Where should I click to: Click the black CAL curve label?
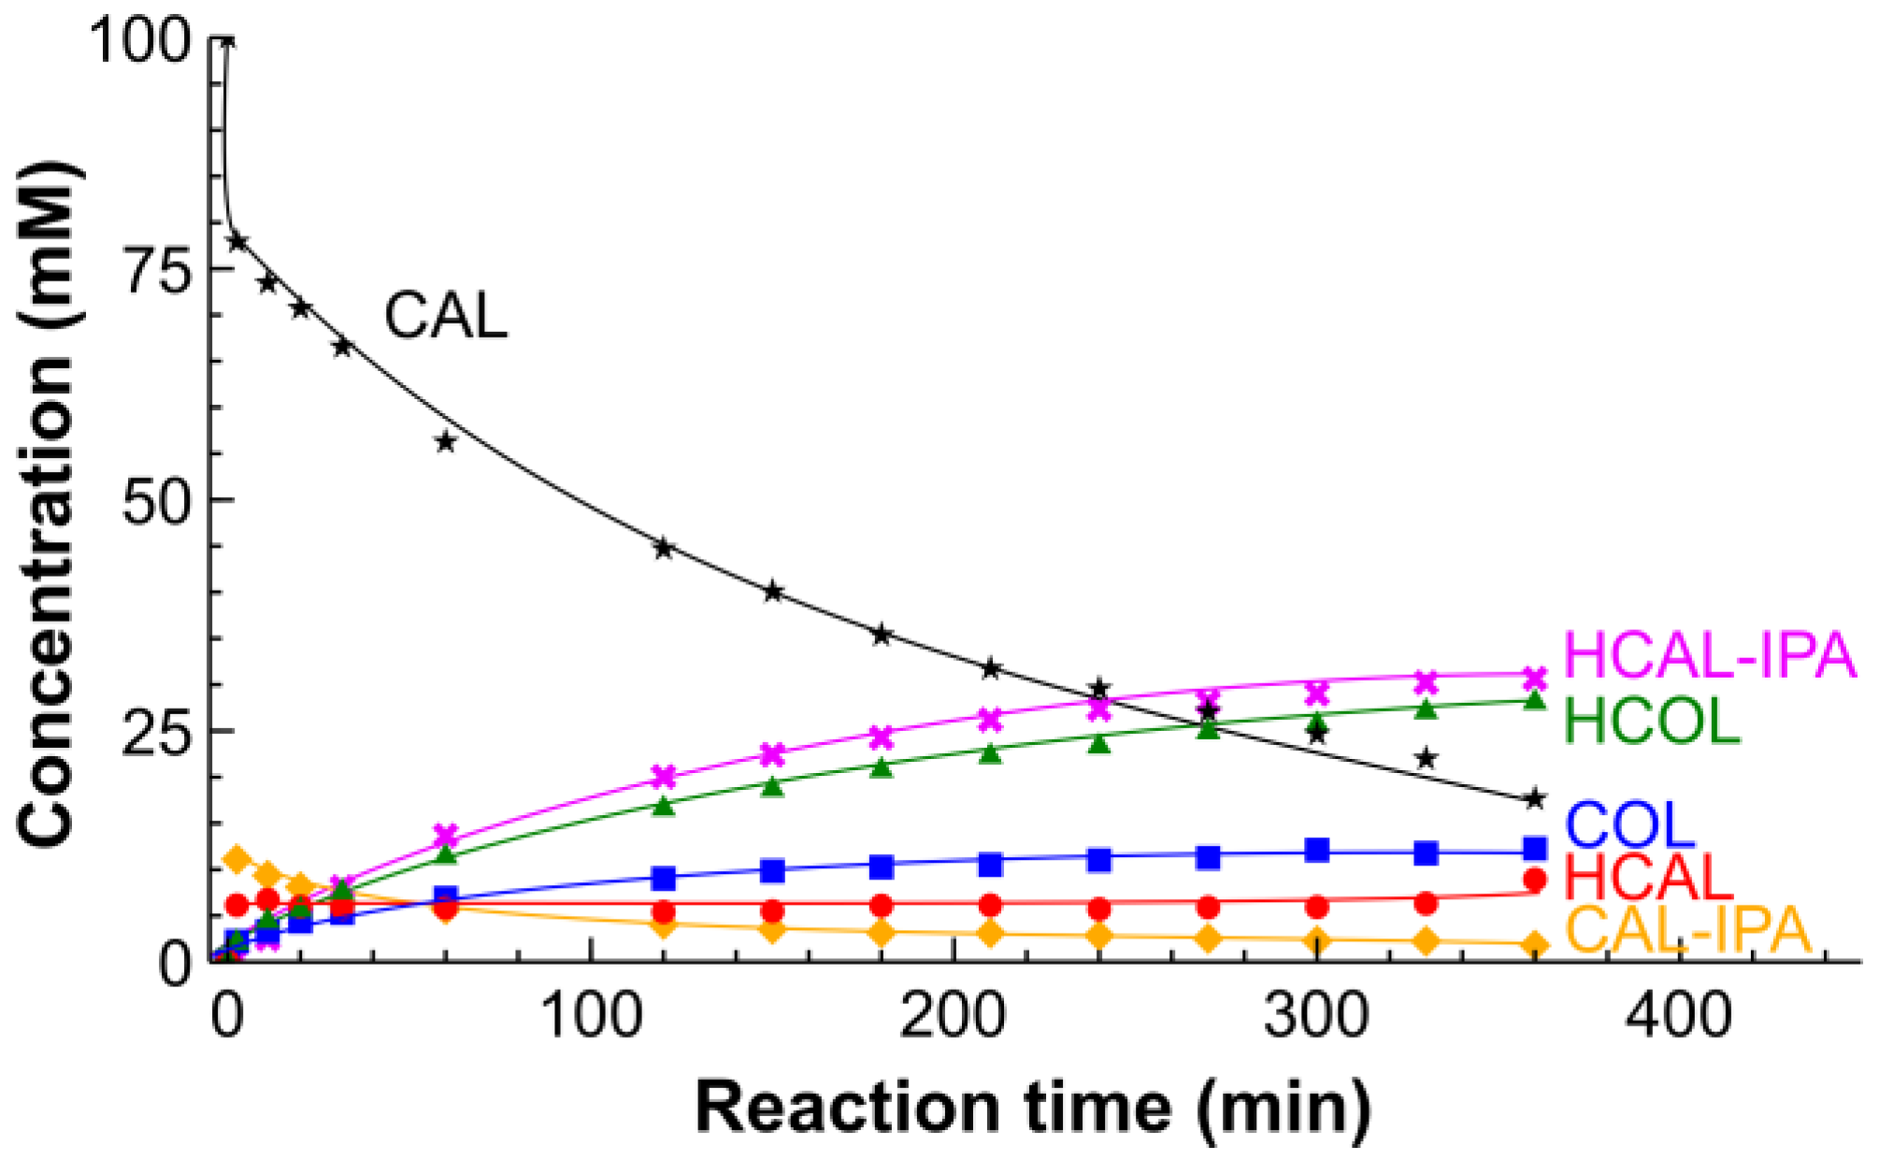[x=446, y=315]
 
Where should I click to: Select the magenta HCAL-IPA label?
[x=1709, y=655]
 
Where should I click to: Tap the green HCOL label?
[x=1652, y=722]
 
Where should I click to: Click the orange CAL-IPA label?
[x=1688, y=930]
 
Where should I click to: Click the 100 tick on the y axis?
[x=138, y=41]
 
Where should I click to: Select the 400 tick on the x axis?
[x=1679, y=1014]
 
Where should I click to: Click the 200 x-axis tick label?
[x=953, y=1014]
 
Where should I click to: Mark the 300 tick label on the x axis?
[x=1316, y=1014]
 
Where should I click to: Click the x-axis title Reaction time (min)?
[x=1032, y=1109]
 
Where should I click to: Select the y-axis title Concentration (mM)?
[x=47, y=505]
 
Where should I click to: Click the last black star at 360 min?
[x=1534, y=799]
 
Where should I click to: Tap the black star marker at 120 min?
[x=664, y=549]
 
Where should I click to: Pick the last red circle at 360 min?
[x=1534, y=880]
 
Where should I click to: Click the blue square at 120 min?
[x=664, y=879]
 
